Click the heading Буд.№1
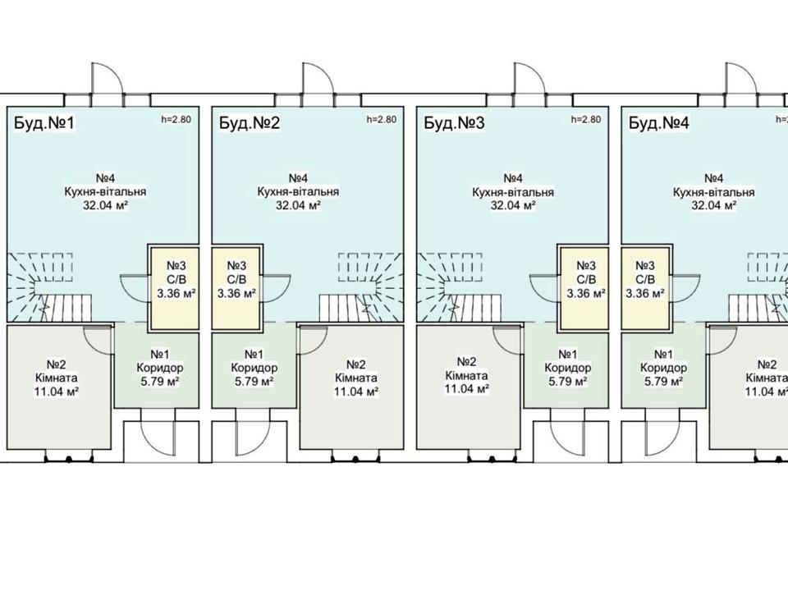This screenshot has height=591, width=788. tap(44, 123)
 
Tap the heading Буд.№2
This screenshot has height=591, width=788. tap(250, 123)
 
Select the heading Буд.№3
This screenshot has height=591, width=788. tap(454, 123)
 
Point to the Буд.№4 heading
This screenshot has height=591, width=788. tap(659, 123)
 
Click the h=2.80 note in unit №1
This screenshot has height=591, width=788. tap(176, 120)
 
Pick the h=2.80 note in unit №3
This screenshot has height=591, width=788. tap(586, 120)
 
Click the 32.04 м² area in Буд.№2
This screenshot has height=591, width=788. tap(298, 205)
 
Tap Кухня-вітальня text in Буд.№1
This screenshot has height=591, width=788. tap(106, 191)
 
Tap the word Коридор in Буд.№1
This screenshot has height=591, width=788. tap(160, 368)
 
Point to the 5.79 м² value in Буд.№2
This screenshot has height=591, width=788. tap(254, 382)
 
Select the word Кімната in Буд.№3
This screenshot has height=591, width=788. tap(466, 375)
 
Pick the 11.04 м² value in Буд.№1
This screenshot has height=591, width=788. tap(56, 392)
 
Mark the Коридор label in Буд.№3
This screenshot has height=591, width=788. tap(568, 368)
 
